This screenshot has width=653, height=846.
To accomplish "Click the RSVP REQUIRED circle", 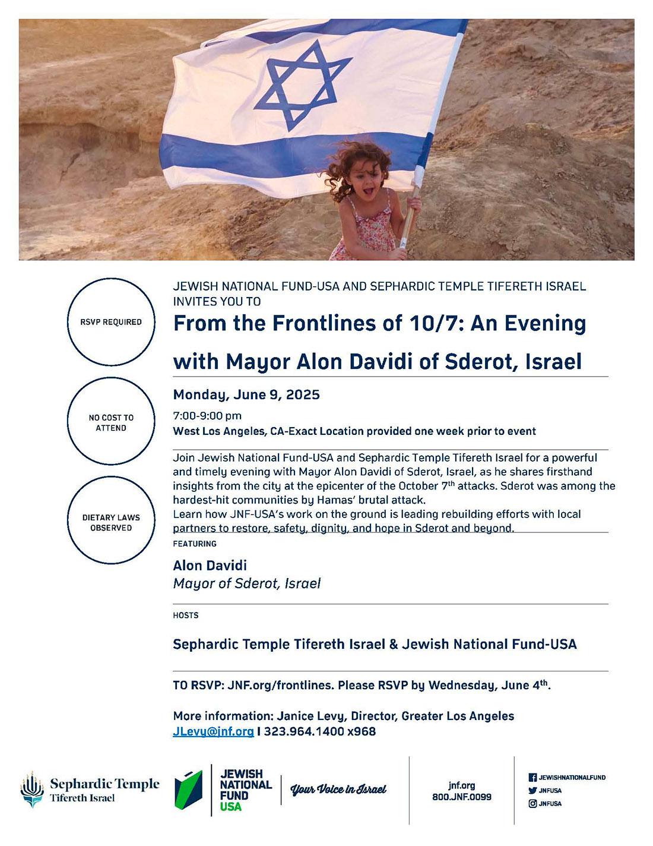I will (x=111, y=322).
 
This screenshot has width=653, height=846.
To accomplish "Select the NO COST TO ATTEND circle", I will (x=111, y=422).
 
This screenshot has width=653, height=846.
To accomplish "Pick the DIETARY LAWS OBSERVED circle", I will (x=111, y=522).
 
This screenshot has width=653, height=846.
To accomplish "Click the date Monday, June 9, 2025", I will (x=246, y=395).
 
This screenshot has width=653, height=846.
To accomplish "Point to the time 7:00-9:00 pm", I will (x=207, y=415).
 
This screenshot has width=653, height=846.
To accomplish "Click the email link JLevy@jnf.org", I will (x=213, y=731).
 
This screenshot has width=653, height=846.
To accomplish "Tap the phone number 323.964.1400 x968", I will (x=319, y=731).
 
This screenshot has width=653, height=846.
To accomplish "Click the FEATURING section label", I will (x=195, y=544).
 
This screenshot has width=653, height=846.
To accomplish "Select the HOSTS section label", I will (x=186, y=615).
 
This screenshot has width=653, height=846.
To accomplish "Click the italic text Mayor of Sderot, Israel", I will (x=246, y=583).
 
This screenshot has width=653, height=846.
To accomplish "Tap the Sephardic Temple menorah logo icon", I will (x=31, y=790).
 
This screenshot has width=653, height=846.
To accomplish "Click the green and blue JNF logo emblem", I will (x=189, y=790).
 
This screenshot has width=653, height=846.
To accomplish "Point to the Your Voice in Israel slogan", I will (x=338, y=790).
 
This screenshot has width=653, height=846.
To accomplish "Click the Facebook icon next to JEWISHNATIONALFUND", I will (x=532, y=777).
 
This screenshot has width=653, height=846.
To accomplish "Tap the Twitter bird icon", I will (x=532, y=791).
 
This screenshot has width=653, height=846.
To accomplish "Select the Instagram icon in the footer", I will (x=532, y=804).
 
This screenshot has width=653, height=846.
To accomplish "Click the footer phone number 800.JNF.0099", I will (x=461, y=797).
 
